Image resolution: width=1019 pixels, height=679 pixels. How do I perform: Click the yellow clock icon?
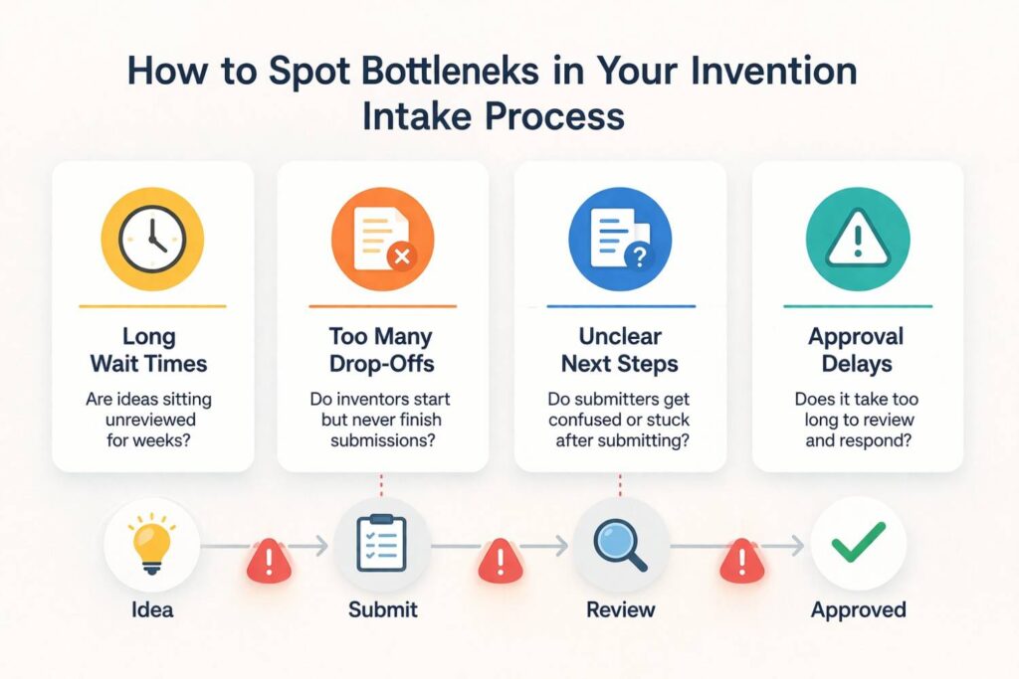pos(152,240)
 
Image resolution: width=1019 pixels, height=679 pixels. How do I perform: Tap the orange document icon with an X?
pos(382,240)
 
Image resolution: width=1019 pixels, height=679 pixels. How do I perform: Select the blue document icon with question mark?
pos(619,240)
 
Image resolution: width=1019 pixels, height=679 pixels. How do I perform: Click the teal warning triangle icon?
pos(857,240)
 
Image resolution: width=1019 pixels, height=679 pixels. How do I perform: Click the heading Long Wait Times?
pos(152,349)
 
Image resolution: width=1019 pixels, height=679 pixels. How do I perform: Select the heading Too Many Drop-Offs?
pos(383,349)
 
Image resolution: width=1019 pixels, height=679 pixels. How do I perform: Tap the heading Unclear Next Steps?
pos(619,349)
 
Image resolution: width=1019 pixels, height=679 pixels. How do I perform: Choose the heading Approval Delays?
pos(858,349)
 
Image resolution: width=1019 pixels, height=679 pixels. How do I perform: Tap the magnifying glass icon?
pos(620,544)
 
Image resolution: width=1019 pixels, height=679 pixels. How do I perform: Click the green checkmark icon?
pos(858,544)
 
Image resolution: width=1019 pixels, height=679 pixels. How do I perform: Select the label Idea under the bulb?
pos(152,608)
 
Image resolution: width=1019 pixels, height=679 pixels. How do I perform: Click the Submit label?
pos(383,608)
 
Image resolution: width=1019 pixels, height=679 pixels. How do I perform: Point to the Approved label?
pos(858,608)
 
